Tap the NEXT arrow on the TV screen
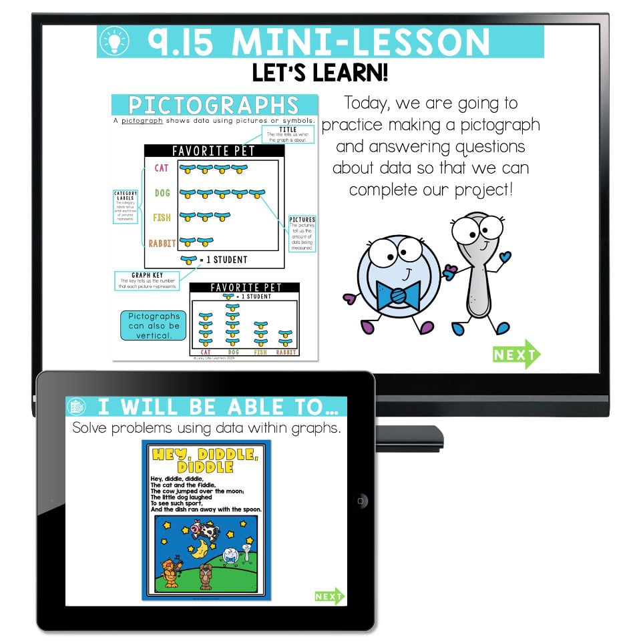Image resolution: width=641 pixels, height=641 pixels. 516,355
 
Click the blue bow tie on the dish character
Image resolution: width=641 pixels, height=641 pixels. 398,294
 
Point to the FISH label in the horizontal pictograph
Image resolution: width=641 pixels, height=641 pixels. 162,218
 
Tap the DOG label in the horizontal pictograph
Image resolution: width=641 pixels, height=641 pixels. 162,193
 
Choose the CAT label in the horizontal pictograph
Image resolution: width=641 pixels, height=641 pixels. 162,168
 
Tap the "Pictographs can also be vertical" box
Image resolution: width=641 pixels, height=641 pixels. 154,326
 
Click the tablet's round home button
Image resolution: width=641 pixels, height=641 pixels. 361,501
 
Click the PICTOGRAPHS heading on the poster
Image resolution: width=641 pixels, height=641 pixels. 214,105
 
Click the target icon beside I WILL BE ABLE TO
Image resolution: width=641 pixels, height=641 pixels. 76,407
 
